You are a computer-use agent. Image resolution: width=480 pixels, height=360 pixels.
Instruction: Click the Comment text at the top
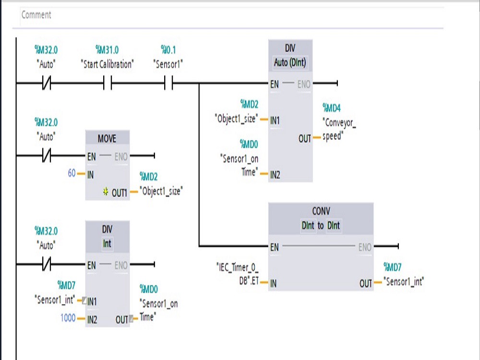point(36,15)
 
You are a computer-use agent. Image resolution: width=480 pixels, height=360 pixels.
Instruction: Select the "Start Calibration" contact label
point(107,64)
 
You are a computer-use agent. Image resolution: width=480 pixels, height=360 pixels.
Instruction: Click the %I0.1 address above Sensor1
point(168,50)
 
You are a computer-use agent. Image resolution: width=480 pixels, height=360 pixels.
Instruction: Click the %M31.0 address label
point(107,50)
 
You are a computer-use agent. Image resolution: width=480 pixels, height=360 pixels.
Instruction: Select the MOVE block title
point(107,139)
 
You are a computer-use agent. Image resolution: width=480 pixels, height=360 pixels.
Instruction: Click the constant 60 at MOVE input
point(72,173)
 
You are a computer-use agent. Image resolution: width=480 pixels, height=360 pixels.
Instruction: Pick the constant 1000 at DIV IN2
point(68,318)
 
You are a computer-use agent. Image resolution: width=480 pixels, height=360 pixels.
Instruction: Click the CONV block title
point(321,211)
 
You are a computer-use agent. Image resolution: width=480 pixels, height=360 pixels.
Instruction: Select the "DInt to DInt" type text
point(321,225)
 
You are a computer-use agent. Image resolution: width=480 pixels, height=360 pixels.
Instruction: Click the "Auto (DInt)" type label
point(290,62)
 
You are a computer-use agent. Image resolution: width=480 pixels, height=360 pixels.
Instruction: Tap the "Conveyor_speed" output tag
point(339,129)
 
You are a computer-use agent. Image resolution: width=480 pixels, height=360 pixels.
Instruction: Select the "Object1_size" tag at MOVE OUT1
point(161,191)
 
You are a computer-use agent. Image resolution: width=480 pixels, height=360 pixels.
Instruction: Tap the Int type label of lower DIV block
point(107,243)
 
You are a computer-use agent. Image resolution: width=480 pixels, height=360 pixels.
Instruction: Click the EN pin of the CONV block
point(275,247)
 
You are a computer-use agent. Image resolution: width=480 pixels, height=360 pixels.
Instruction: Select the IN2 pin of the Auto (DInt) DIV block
point(275,175)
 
